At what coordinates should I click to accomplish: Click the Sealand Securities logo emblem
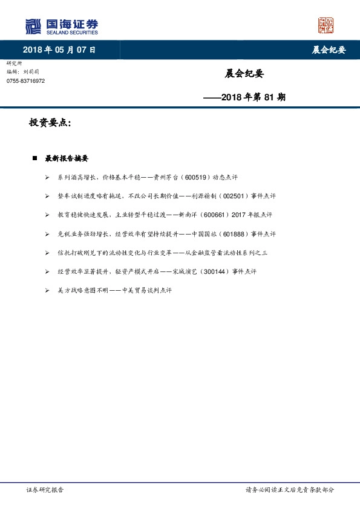click(33, 26)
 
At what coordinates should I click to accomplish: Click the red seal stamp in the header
click(326, 25)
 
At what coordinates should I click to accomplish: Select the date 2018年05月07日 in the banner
click(59, 50)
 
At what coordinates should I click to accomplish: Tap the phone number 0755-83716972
click(25, 81)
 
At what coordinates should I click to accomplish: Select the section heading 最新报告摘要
click(67, 158)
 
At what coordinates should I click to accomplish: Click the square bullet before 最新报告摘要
click(35, 158)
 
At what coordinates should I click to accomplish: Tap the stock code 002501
click(231, 196)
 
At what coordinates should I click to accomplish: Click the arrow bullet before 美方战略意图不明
click(47, 290)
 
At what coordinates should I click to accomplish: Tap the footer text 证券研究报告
click(44, 491)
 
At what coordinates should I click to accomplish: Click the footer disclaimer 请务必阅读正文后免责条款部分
click(289, 491)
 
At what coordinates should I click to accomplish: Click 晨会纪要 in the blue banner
click(329, 50)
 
